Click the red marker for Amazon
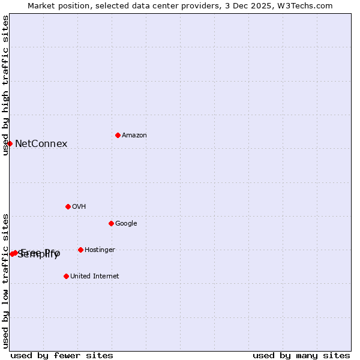tap(118, 135)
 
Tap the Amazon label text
tap(134, 136)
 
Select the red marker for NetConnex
tap(10, 143)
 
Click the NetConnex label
tap(41, 144)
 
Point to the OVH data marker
tap(68, 206)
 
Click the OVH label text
tap(79, 207)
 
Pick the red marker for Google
tap(111, 223)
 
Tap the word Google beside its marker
tap(126, 224)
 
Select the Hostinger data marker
tap(80, 250)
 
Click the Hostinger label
tap(100, 250)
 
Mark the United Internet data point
tap(66, 276)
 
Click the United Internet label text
tap(94, 277)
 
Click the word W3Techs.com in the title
tap(308, 5)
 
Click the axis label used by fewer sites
tap(62, 355)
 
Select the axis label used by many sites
tap(301, 355)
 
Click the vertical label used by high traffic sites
tap(5, 85)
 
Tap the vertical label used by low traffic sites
tap(5, 280)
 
